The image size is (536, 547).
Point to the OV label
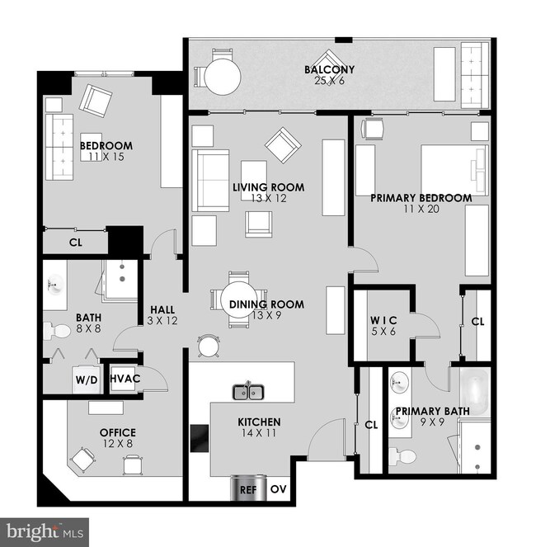(x=280, y=488)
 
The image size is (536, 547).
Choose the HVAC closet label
(x=125, y=379)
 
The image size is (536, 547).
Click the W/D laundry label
(x=87, y=380)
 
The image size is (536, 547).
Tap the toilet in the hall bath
(x=59, y=332)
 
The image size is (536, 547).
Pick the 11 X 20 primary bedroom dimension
(x=421, y=210)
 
